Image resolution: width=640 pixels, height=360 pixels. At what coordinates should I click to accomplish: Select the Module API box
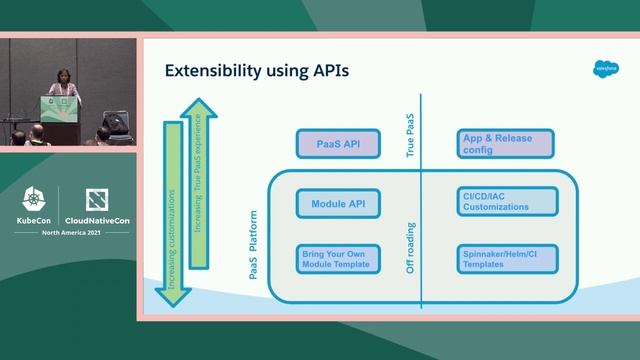(338, 203)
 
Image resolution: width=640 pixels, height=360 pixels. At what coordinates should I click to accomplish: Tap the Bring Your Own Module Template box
(338, 259)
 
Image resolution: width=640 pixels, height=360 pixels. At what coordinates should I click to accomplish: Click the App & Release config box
(505, 144)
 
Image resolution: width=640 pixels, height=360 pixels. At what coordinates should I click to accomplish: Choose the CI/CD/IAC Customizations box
(505, 203)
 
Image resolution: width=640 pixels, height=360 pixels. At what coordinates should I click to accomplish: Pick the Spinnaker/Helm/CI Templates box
(505, 259)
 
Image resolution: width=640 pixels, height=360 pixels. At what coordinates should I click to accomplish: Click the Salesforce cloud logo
(606, 69)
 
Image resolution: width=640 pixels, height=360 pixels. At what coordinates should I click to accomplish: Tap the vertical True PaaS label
(411, 137)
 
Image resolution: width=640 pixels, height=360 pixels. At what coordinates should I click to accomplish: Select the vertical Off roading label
(411, 246)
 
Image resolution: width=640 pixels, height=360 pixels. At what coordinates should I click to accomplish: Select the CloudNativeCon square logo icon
(97, 199)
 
